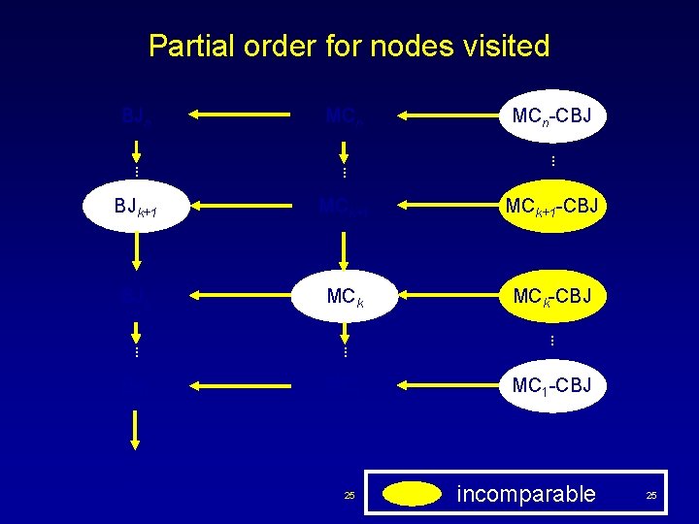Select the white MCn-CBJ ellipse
(550, 116)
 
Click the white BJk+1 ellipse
(137, 207)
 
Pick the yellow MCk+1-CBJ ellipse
(550, 207)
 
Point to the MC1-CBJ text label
(550, 386)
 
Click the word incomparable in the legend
(526, 494)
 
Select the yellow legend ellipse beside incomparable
(412, 494)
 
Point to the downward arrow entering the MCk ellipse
(343, 250)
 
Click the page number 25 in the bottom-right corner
(651, 496)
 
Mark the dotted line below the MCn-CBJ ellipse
(550, 160)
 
